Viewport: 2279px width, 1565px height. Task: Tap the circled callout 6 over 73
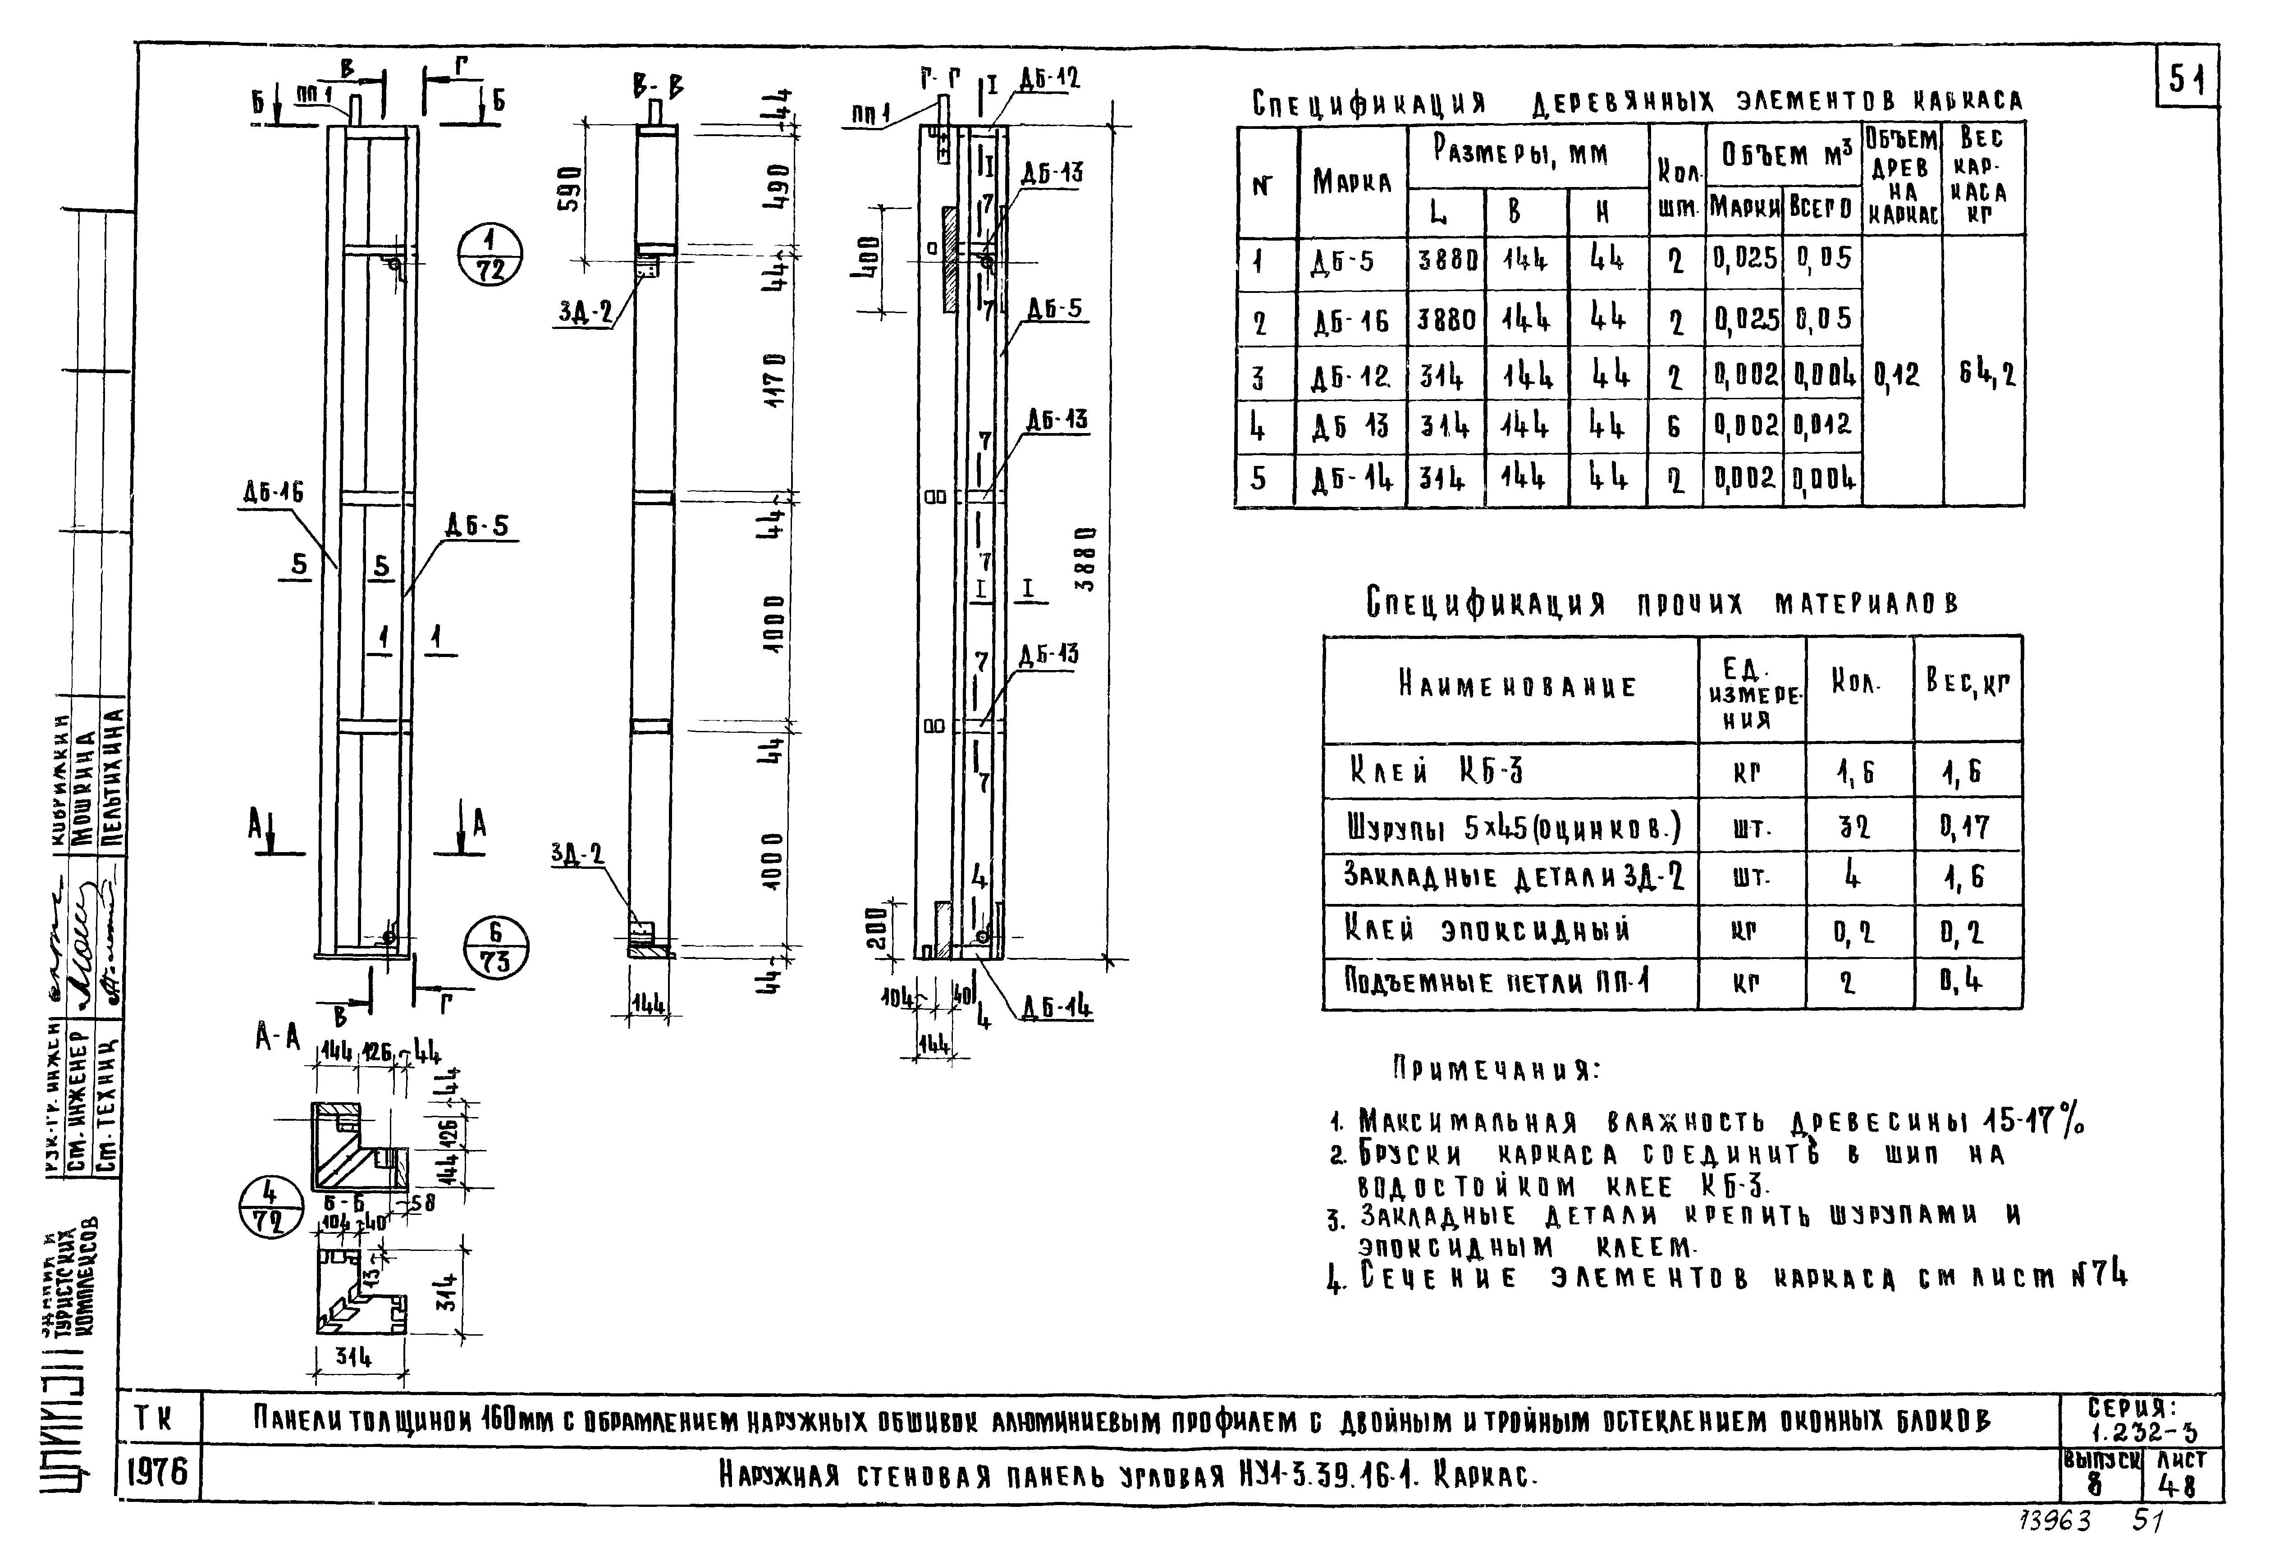[495, 947]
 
